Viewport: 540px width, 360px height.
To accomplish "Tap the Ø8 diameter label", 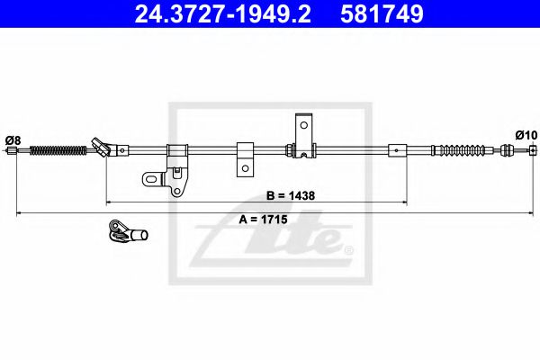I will (x=13, y=139).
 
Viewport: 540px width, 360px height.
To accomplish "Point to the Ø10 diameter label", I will (x=526, y=135).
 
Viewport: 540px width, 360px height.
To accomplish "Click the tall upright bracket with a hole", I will (x=305, y=135).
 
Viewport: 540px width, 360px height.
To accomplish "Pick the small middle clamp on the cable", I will (x=244, y=155).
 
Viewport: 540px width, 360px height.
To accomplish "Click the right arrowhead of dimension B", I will (x=404, y=202).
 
